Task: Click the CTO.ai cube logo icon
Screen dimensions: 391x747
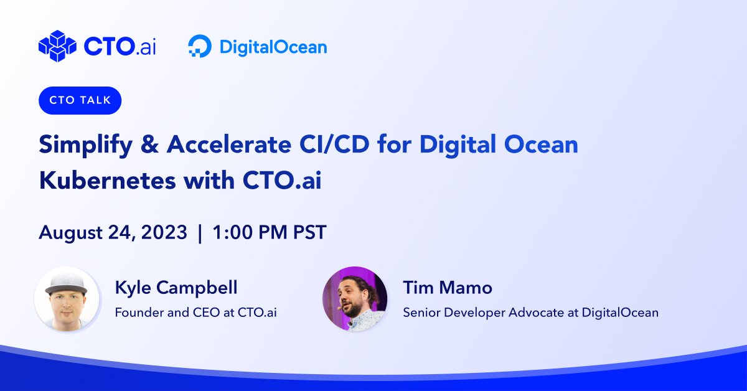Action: pos(57,46)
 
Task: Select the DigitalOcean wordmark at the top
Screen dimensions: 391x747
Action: pos(273,47)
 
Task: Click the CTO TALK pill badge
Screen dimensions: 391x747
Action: pos(80,101)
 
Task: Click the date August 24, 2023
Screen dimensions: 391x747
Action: pos(113,233)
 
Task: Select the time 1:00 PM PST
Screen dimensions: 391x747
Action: pos(269,233)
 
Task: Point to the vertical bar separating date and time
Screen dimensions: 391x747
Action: pos(199,233)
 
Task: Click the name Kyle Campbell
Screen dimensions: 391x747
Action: pos(176,288)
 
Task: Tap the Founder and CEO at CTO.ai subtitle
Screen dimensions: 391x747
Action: pos(195,312)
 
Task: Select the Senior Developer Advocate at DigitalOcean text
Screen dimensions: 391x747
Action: pos(530,312)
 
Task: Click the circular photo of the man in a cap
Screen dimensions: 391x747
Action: pos(67,299)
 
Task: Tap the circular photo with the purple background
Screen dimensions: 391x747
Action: pos(355,299)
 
